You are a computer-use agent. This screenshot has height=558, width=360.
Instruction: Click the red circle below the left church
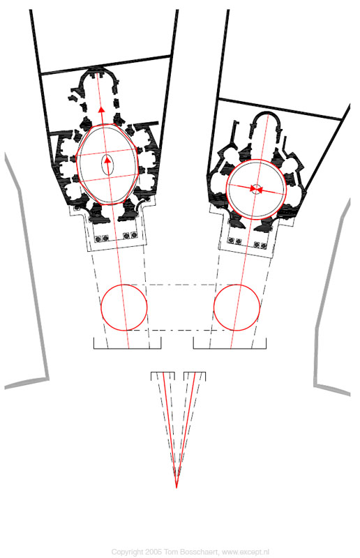101,308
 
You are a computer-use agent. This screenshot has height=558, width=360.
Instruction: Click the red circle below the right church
214,308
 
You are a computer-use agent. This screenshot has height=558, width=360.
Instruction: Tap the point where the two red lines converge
177,488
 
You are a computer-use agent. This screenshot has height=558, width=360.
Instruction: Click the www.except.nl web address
246,552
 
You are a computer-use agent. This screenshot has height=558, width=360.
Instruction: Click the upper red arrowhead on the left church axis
101,109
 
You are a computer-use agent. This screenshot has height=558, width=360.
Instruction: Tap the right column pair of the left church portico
130,235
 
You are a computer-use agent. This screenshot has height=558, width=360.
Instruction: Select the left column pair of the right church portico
234,241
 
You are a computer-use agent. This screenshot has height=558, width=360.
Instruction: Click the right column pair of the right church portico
260,245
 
